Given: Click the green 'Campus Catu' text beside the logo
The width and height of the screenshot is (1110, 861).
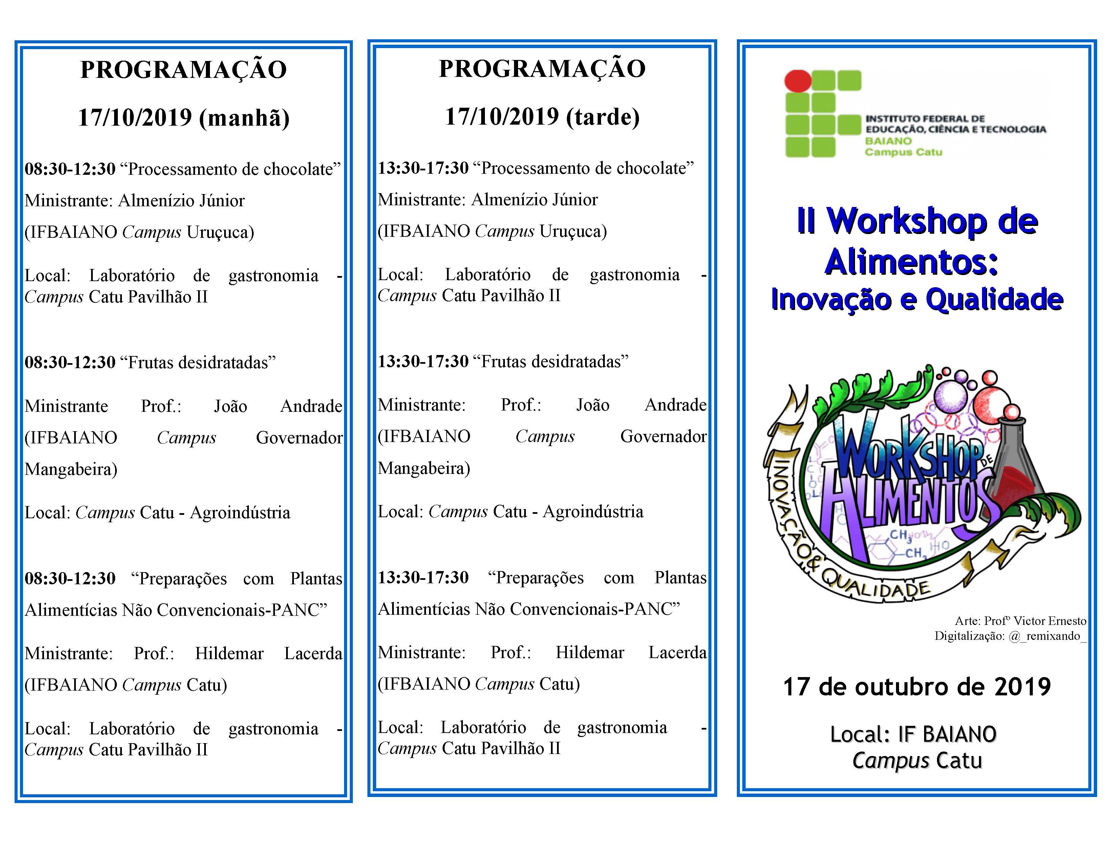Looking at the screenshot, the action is point(904,152).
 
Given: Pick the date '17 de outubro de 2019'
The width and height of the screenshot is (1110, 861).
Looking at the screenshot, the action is point(917,687).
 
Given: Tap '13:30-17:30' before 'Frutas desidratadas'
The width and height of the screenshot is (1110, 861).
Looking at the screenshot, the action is point(423,361).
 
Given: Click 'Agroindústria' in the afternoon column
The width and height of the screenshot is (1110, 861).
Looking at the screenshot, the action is point(593,512).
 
